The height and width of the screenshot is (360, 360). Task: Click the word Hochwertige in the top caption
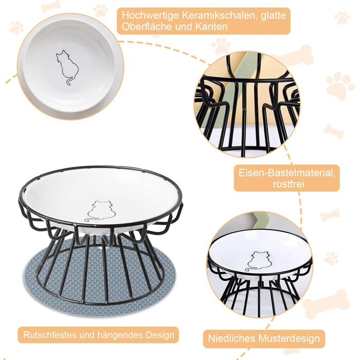tap(150, 16)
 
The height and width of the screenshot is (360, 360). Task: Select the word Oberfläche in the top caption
tap(147, 27)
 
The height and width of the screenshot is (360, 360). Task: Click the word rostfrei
tap(289, 184)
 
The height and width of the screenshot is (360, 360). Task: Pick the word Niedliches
tap(231, 338)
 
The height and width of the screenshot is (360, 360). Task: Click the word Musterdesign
tap(289, 338)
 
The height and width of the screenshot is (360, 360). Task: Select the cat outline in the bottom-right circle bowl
tap(258, 261)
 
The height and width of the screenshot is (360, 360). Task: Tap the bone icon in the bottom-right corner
tap(326, 304)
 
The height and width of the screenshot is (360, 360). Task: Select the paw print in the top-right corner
tap(342, 17)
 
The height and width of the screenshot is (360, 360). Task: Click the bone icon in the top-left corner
tap(50, 6)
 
